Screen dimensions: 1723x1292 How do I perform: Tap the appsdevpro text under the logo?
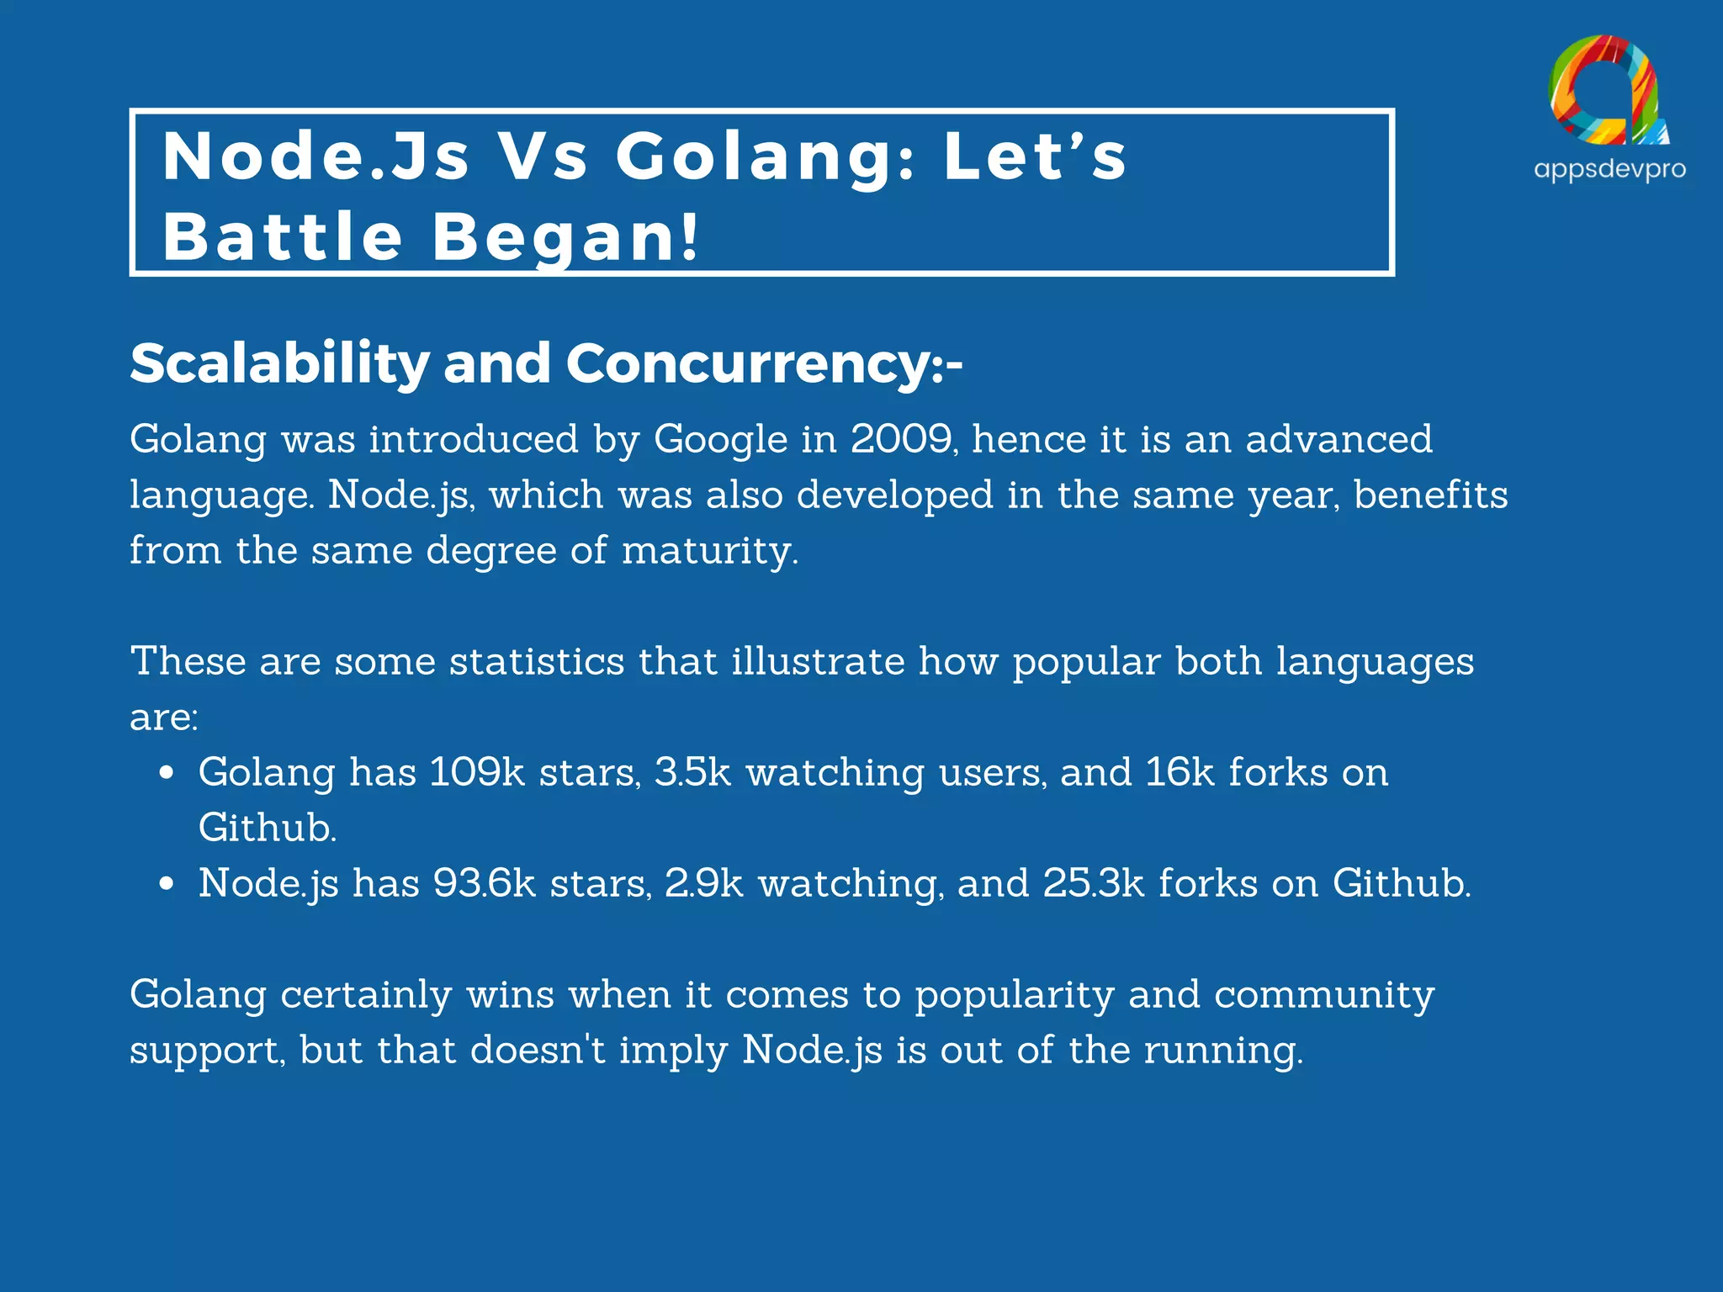(x=1609, y=169)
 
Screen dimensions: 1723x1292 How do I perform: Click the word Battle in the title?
(x=284, y=236)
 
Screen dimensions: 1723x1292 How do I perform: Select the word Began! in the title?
(x=565, y=236)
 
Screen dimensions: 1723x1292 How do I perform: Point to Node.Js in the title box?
(x=315, y=156)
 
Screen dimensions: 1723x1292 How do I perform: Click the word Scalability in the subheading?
(x=279, y=363)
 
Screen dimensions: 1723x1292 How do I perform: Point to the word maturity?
(x=709, y=551)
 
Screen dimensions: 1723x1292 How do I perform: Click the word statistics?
(x=537, y=661)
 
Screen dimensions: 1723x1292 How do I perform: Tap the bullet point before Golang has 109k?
(x=167, y=772)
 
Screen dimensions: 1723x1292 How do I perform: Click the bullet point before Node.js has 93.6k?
(x=167, y=883)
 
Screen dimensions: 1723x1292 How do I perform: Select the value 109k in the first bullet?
(x=476, y=772)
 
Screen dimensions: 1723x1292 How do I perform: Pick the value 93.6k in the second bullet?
(x=484, y=883)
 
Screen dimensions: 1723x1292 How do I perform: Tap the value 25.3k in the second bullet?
(x=1094, y=883)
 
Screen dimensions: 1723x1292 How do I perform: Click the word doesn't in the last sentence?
(x=538, y=1051)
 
